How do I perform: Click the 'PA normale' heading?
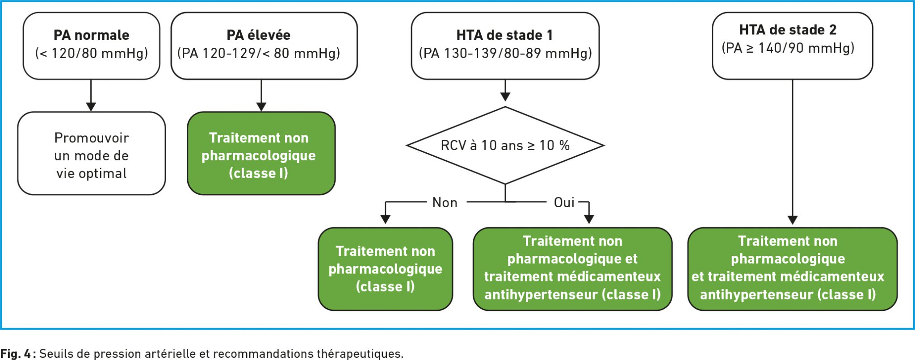(x=91, y=35)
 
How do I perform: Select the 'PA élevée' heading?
(x=258, y=35)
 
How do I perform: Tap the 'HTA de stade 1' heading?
(x=504, y=35)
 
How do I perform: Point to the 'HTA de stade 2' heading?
(x=788, y=29)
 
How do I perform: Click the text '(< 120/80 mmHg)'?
(x=91, y=53)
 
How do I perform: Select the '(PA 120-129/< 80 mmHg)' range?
(x=259, y=53)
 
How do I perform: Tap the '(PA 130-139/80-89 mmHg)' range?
(x=505, y=53)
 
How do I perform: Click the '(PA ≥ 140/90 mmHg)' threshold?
(x=788, y=48)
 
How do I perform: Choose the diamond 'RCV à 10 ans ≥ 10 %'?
(x=505, y=145)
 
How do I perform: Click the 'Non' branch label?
(x=445, y=202)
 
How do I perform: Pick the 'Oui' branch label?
(x=564, y=202)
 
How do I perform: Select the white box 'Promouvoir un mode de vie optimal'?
(x=92, y=153)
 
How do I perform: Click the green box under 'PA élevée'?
(x=261, y=153)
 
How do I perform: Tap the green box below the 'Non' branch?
(x=386, y=269)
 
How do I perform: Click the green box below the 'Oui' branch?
(x=573, y=269)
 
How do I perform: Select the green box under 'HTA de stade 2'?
(x=793, y=269)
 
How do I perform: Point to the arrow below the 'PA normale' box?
(x=91, y=96)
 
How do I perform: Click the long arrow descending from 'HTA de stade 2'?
(x=793, y=152)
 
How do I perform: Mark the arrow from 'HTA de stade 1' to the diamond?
(x=505, y=91)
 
